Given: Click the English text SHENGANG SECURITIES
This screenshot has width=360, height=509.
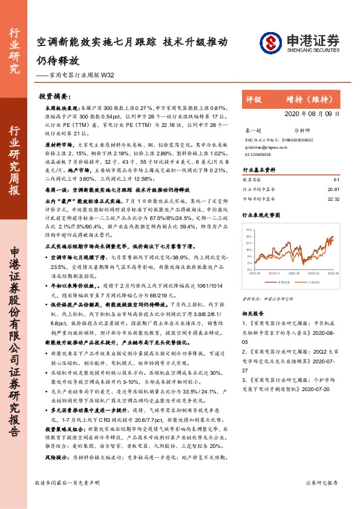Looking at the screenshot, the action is click(310, 50).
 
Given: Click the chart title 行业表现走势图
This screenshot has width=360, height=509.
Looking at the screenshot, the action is click(261, 215).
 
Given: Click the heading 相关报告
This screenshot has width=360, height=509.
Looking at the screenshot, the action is click(254, 314).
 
